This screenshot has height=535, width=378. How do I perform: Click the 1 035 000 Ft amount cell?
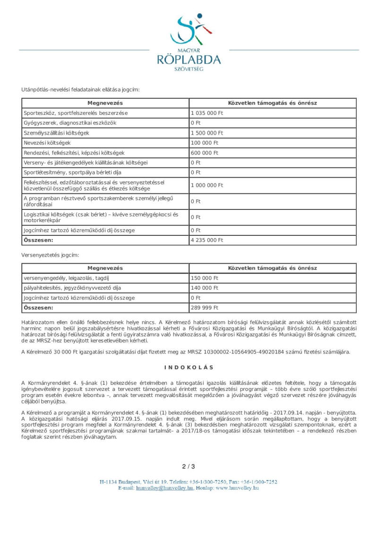click(x=206, y=113)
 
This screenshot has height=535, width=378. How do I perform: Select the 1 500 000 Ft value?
click(x=206, y=133)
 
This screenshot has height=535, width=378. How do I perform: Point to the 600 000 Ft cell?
click(x=205, y=153)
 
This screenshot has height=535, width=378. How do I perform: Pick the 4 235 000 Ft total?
click(x=206, y=240)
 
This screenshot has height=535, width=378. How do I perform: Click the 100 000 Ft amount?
click(x=205, y=143)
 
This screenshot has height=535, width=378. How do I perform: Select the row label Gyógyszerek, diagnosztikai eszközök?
click(x=70, y=123)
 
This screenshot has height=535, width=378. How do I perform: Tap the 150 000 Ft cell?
click(x=205, y=278)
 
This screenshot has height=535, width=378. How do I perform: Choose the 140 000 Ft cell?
click(x=205, y=288)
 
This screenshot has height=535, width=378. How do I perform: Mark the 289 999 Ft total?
click(x=205, y=308)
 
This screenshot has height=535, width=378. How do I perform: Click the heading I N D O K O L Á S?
click(x=189, y=367)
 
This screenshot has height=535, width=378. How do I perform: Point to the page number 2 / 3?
click(x=189, y=466)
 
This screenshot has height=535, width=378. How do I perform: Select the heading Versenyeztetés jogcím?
click(x=50, y=255)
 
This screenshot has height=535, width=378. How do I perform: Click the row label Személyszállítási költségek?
click(x=56, y=133)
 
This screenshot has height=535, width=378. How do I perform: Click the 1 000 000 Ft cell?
click(x=206, y=185)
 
